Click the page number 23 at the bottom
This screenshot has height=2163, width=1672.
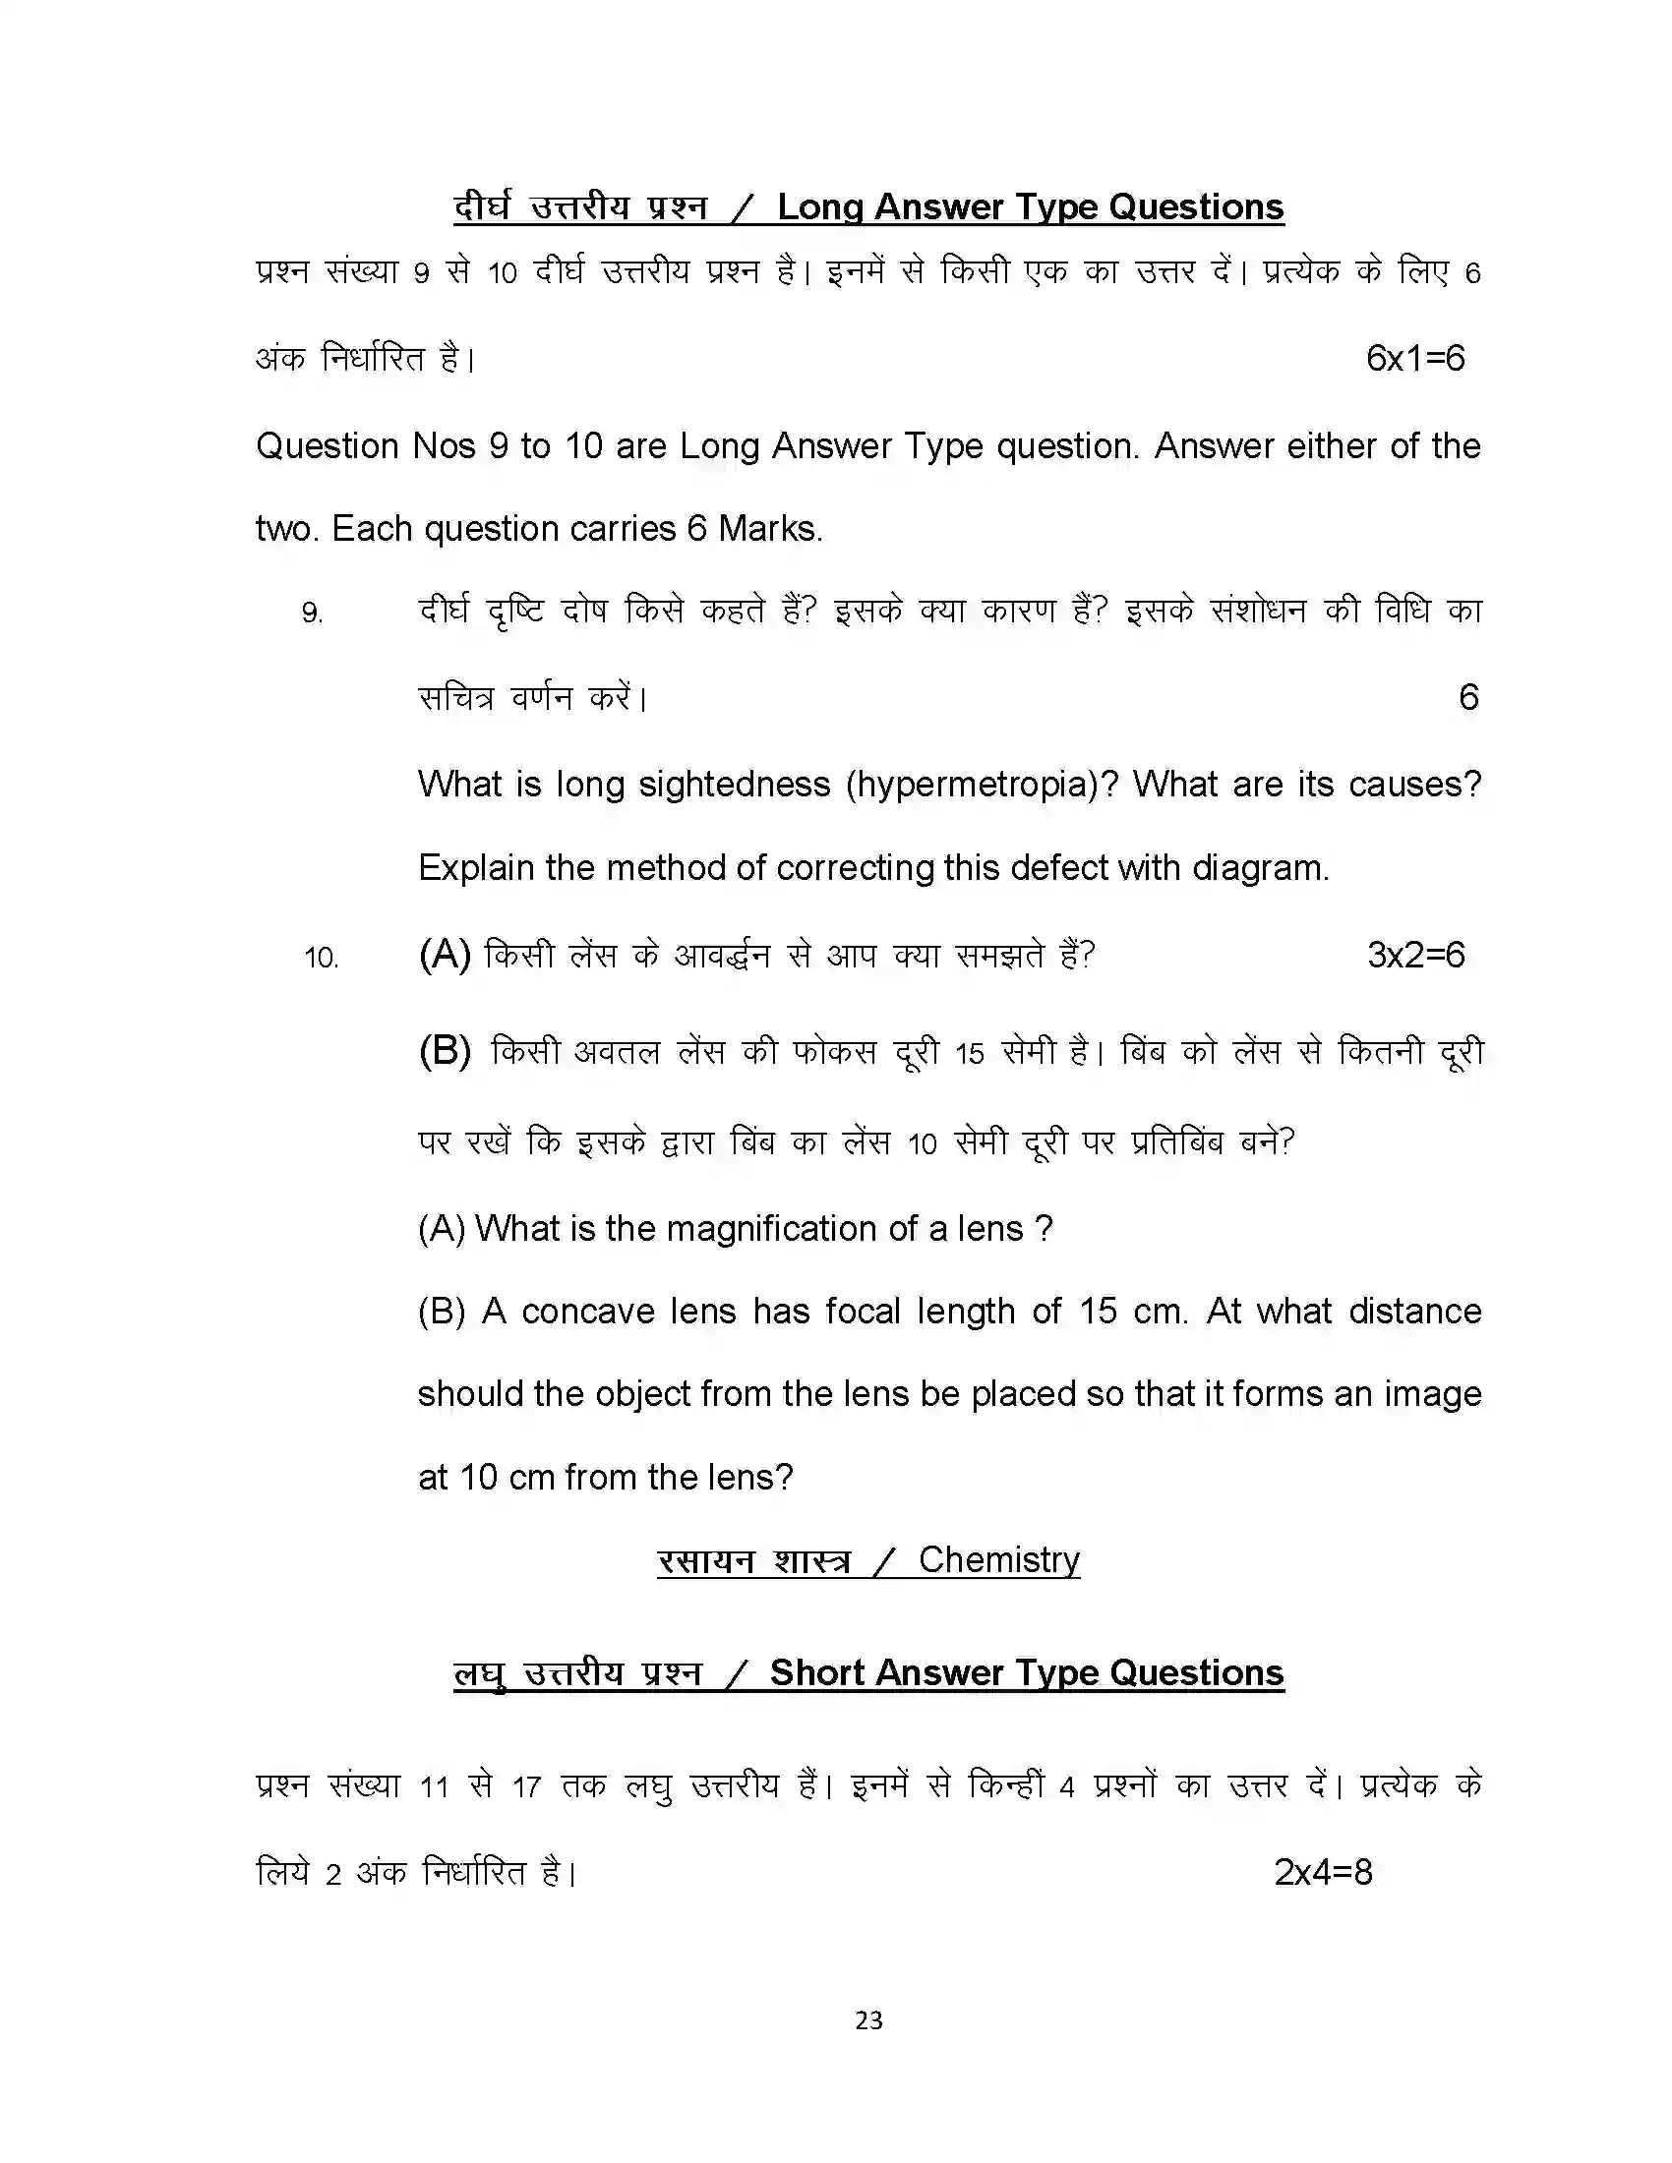pos(867,2019)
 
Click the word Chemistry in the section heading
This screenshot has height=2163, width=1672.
pos(998,1560)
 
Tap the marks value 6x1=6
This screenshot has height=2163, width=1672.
pos(1414,359)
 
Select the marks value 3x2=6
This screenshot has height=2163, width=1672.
pos(1414,955)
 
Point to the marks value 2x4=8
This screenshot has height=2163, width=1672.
pos(1322,1872)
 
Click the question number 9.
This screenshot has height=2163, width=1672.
pos(312,614)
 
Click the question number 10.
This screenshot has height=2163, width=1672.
pos(321,958)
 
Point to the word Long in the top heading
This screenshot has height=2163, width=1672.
pos(820,207)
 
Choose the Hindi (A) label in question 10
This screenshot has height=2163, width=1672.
pos(445,955)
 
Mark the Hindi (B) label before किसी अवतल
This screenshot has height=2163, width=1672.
pos(445,1051)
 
